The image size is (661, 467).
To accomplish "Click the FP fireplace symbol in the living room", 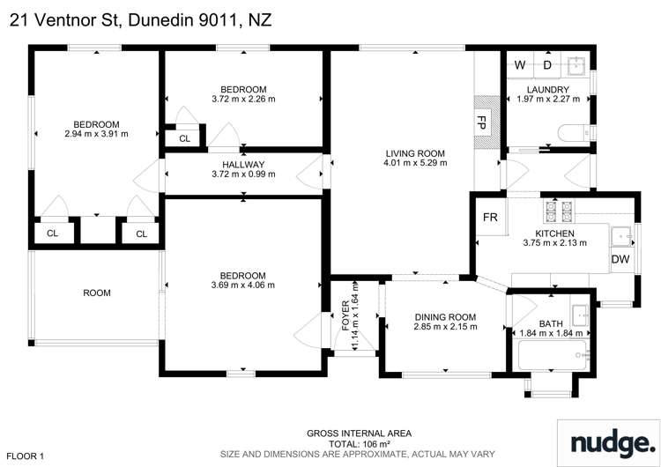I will coord(482,121).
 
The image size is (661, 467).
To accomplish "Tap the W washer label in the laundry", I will coord(520,65).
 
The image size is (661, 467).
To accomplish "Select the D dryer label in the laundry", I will coord(547,65).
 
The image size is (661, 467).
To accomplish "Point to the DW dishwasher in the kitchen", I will coord(620,259).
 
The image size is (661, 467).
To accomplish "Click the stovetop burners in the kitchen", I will coord(557,211).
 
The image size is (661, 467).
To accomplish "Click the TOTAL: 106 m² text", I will coord(359,444).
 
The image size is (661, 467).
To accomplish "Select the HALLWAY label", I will coord(243,164).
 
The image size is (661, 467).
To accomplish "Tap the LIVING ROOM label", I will coord(414,153).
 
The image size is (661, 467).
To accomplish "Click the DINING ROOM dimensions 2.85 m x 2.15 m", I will coord(444,327).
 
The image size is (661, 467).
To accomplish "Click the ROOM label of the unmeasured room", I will coord(97,293).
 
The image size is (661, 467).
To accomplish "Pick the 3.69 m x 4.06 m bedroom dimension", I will coord(243,285).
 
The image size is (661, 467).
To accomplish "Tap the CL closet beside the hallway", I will coord(184,139).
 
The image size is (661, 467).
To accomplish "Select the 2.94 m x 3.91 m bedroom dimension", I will coord(97,134).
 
